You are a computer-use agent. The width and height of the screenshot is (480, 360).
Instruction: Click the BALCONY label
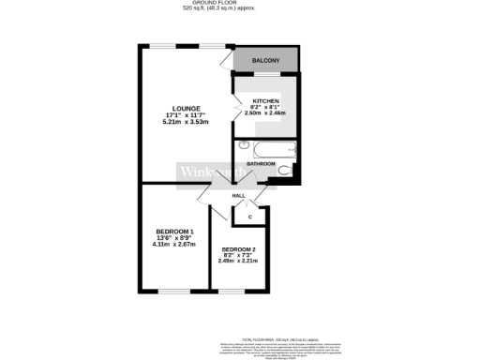pos(266,61)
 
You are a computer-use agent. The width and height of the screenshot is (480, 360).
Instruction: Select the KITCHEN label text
pos(265,98)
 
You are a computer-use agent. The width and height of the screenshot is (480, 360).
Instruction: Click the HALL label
pos(239,195)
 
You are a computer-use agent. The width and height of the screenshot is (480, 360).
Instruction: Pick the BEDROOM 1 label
pos(174,232)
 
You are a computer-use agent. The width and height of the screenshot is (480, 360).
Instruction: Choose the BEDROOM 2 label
pos(238,248)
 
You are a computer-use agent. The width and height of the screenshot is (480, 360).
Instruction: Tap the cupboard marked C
pos(250,217)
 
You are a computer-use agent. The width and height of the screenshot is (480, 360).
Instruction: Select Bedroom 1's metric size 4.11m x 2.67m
pos(174,245)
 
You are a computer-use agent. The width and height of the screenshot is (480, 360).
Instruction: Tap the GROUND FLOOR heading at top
pos(211,3)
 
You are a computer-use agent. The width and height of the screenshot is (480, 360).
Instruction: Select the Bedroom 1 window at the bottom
pos(174,292)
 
